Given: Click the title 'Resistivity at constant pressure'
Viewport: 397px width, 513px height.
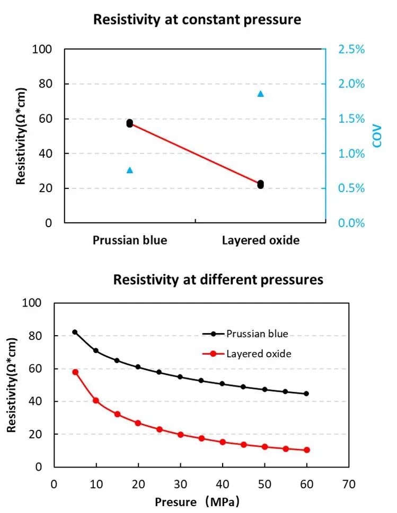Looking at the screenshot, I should click(197, 20).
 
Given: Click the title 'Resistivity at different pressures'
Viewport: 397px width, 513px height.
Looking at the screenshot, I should click(218, 280).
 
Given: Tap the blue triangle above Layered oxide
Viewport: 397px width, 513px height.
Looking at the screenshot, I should click(260, 94).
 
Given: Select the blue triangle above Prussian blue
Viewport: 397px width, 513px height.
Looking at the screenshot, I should click(130, 170).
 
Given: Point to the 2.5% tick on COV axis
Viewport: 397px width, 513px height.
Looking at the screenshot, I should click(352, 49).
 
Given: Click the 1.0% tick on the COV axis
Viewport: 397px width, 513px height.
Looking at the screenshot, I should click(352, 154).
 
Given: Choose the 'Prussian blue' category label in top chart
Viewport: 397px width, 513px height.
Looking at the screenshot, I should click(130, 240).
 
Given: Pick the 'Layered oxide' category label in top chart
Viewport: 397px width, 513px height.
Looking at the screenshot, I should click(260, 240).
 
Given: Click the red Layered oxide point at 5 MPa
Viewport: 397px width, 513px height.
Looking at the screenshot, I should click(75, 372).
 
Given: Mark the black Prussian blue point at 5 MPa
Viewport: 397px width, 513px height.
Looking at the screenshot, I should click(75, 332).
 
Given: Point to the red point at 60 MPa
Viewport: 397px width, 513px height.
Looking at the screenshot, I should click(306, 450).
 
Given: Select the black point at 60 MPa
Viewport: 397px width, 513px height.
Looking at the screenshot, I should click(306, 393).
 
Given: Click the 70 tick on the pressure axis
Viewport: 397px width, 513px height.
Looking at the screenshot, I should click(348, 484).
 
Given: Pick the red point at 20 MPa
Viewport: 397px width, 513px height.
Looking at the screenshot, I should click(138, 423).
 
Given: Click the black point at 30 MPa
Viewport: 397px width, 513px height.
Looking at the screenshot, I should click(180, 377).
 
